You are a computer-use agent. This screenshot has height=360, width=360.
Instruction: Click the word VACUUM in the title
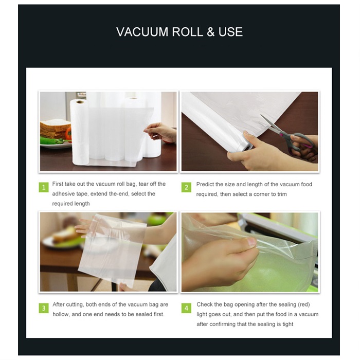142,32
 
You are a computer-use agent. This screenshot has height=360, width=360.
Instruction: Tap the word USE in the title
230,32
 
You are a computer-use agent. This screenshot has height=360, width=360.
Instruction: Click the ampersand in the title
210,32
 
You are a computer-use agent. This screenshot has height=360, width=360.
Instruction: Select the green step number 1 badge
44,187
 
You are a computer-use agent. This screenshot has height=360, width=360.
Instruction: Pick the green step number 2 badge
186,187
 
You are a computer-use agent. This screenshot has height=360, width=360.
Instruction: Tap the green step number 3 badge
44,308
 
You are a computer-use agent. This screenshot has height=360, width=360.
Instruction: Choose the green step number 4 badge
186,308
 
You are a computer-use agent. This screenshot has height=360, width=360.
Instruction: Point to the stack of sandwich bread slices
55,129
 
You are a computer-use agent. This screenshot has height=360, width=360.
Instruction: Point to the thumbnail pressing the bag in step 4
251,242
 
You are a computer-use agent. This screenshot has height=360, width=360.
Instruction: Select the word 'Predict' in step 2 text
205,184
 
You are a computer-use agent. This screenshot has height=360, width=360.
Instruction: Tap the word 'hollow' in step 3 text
61,314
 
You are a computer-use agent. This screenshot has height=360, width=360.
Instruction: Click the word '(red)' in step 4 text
304,304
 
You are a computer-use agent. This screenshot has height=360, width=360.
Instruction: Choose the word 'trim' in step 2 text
282,194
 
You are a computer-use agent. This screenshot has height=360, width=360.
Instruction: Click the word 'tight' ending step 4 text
287,324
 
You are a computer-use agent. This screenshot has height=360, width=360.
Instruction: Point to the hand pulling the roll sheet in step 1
160,133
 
